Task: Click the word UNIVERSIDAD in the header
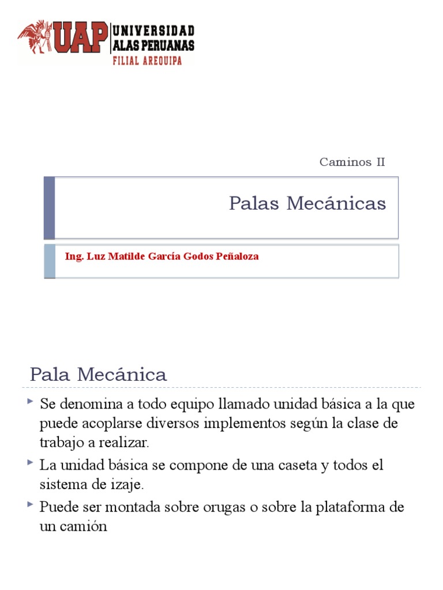tap(153, 31)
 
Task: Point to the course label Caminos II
tap(352, 162)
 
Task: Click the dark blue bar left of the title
tap(50, 207)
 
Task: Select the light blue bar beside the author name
tap(50, 261)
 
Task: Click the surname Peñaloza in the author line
tap(236, 256)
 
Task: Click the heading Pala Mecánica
tap(98, 375)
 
